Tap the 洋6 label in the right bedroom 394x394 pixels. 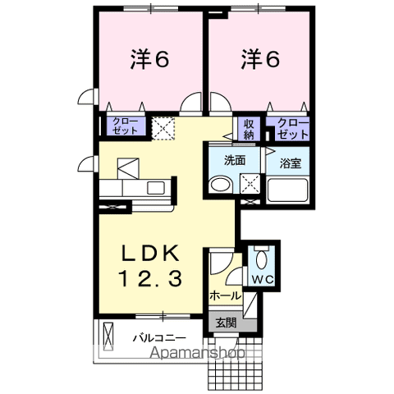(x=259, y=59)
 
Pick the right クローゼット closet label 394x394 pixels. (x=293, y=127)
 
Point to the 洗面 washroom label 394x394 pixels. (x=235, y=161)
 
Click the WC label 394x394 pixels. (x=263, y=279)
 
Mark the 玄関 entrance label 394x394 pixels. (x=226, y=323)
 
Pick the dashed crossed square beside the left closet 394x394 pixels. (x=164, y=128)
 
